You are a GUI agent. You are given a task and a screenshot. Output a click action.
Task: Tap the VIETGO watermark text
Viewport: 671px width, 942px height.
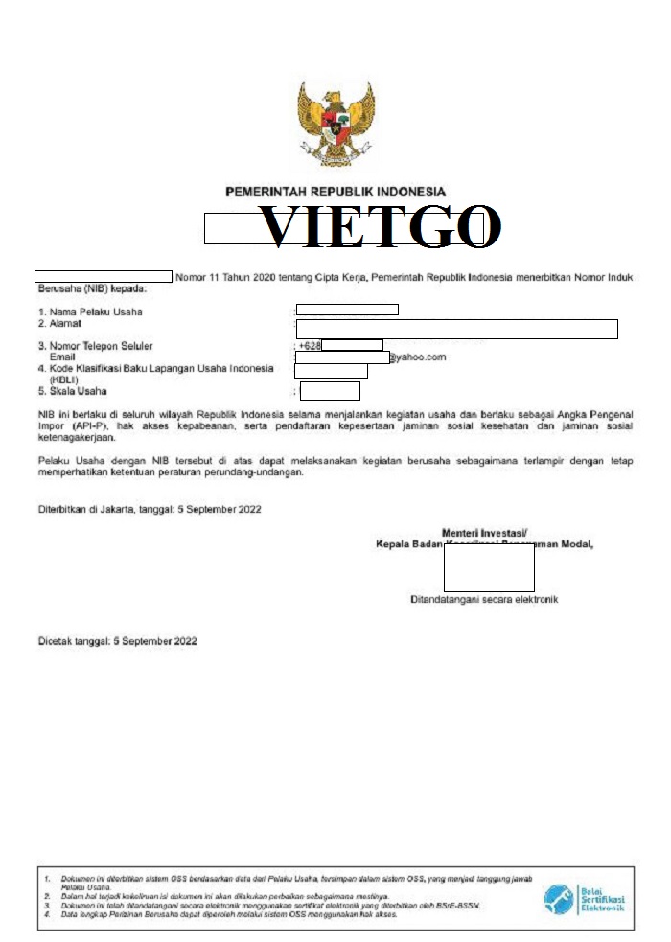(x=381, y=227)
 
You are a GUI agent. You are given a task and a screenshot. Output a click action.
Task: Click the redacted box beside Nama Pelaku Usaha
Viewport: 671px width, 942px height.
(x=347, y=309)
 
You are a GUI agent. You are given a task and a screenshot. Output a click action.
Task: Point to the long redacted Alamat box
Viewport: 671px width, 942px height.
(x=456, y=330)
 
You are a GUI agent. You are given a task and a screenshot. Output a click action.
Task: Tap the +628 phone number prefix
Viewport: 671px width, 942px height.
(x=309, y=345)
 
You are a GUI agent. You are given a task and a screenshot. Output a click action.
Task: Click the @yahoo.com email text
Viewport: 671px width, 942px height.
(x=417, y=357)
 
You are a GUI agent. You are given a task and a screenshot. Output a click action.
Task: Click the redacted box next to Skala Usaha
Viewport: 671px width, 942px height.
(x=330, y=391)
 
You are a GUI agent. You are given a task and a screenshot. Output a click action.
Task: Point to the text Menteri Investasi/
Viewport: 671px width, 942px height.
(x=485, y=533)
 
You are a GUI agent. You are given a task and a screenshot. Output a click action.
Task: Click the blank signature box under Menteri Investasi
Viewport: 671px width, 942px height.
(x=489, y=568)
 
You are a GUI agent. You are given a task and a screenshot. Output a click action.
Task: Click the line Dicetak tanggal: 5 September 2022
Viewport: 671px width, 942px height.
(x=117, y=640)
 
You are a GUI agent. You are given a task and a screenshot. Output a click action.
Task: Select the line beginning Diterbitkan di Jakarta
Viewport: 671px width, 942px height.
(x=149, y=510)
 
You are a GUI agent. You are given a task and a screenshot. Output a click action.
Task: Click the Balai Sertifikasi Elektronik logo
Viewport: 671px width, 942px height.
(x=585, y=899)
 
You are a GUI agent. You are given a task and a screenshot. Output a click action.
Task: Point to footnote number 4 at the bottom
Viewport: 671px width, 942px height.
(x=47, y=914)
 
